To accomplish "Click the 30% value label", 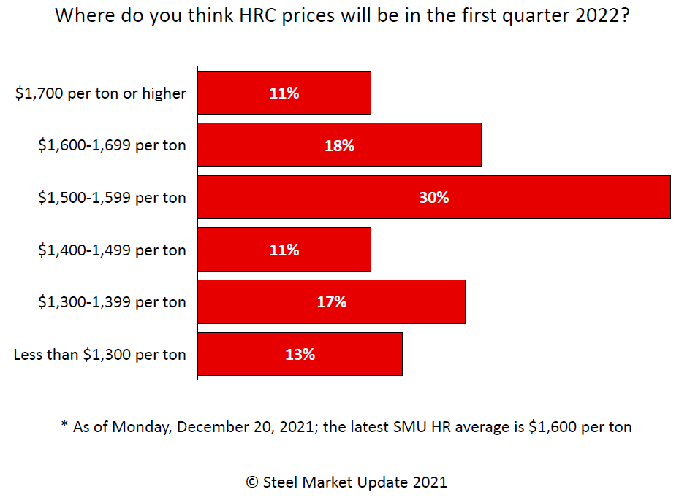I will coord(434,197).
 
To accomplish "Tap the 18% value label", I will coord(339,145).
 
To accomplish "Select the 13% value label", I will coord(300,354).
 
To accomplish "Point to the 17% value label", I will coord(331,301).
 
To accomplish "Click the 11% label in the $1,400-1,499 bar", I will coord(284,250).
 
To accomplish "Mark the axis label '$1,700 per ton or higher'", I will coord(101,93).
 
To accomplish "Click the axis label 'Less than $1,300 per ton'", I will coord(100,355).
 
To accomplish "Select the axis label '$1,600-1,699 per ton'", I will coord(113,145).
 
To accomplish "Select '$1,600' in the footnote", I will coord(550,427).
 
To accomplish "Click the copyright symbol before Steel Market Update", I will coord(252,482).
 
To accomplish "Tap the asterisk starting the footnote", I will coord(64,425).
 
